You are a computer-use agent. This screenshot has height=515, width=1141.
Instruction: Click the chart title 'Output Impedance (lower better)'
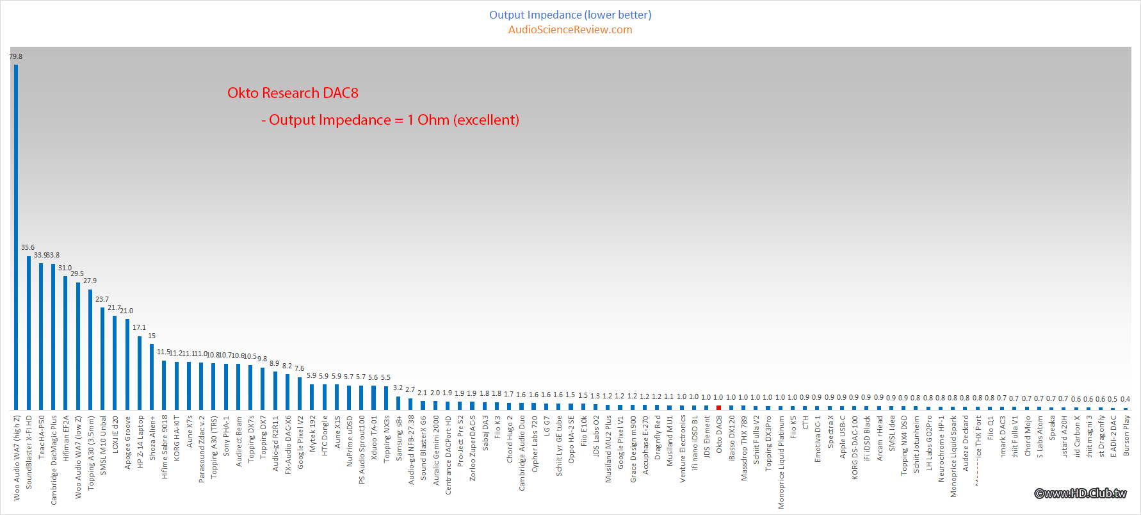coord(570,15)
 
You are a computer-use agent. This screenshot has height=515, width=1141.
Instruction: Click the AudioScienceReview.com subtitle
coord(570,29)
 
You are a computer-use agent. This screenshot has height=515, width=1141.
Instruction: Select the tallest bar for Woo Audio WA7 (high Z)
coord(16,237)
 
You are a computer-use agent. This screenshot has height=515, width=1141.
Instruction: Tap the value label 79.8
coord(16,56)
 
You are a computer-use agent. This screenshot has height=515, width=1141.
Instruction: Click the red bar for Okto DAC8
coord(718,407)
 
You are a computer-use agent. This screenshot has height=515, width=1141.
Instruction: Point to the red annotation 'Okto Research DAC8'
coord(293,93)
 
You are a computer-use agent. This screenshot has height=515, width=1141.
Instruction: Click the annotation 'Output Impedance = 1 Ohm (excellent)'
coord(394,120)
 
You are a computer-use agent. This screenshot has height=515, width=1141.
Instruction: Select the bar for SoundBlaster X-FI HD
coord(29,333)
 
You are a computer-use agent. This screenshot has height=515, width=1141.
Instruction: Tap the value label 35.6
coord(28,247)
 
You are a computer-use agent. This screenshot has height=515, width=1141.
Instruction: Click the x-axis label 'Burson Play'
coord(1126,436)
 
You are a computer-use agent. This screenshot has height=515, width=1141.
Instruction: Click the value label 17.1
coord(139,327)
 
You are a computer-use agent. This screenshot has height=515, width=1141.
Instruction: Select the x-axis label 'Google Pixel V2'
coord(300,442)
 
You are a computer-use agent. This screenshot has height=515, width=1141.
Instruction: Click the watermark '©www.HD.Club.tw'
coord(1080,493)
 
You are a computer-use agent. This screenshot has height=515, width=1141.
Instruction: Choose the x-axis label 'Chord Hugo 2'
coord(510,439)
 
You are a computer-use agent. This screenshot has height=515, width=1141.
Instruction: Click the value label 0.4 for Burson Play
coord(1125,399)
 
